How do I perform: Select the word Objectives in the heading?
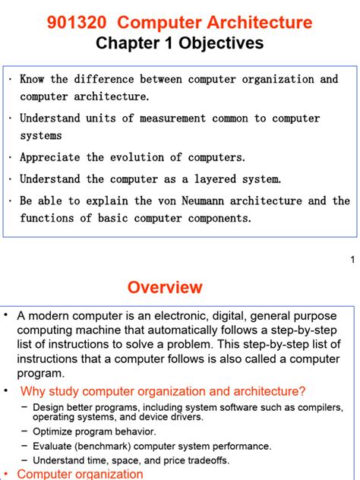point(224,43)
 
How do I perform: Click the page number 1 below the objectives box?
point(352,261)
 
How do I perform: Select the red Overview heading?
point(165,288)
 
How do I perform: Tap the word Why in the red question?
point(33,391)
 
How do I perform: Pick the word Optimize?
point(52,431)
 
